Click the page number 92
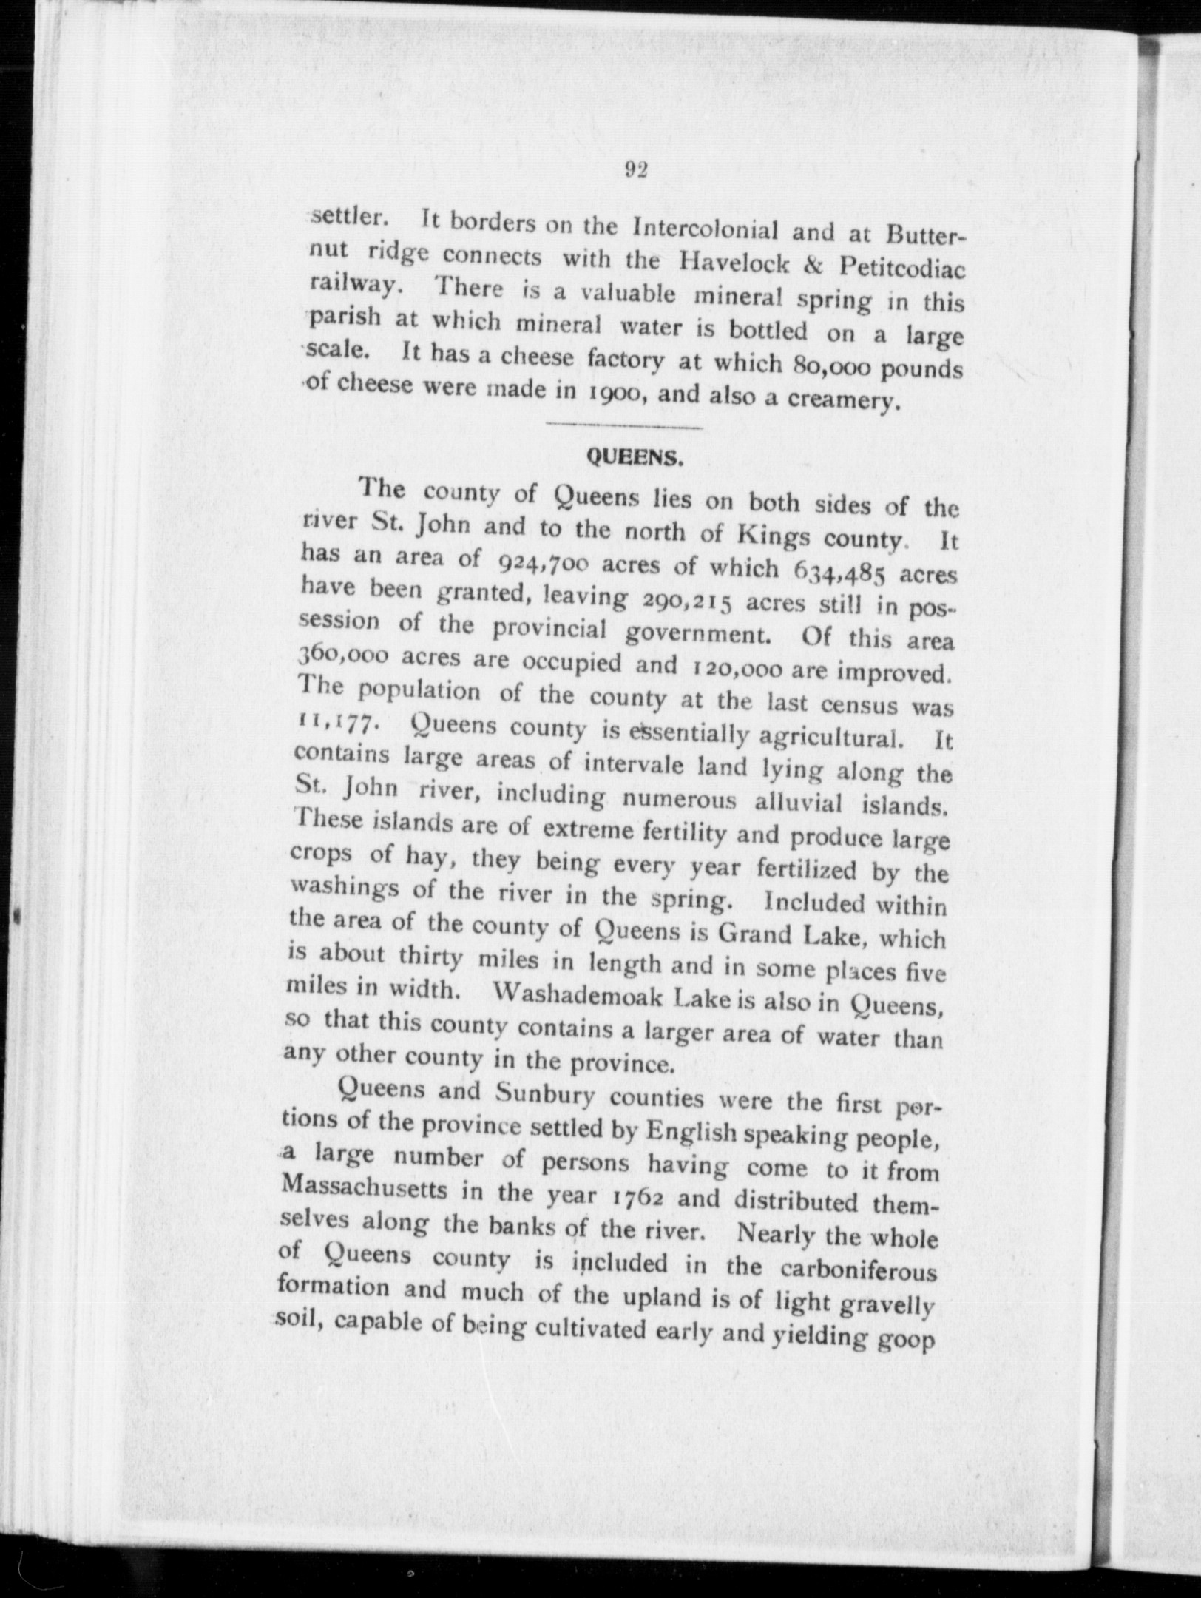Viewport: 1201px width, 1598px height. [635, 171]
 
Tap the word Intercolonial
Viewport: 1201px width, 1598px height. [703, 228]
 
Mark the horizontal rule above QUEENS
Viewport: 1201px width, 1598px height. [622, 426]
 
